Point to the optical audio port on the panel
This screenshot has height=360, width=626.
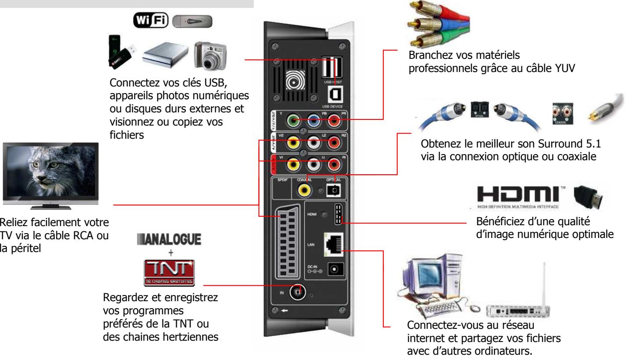pos(335,190)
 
